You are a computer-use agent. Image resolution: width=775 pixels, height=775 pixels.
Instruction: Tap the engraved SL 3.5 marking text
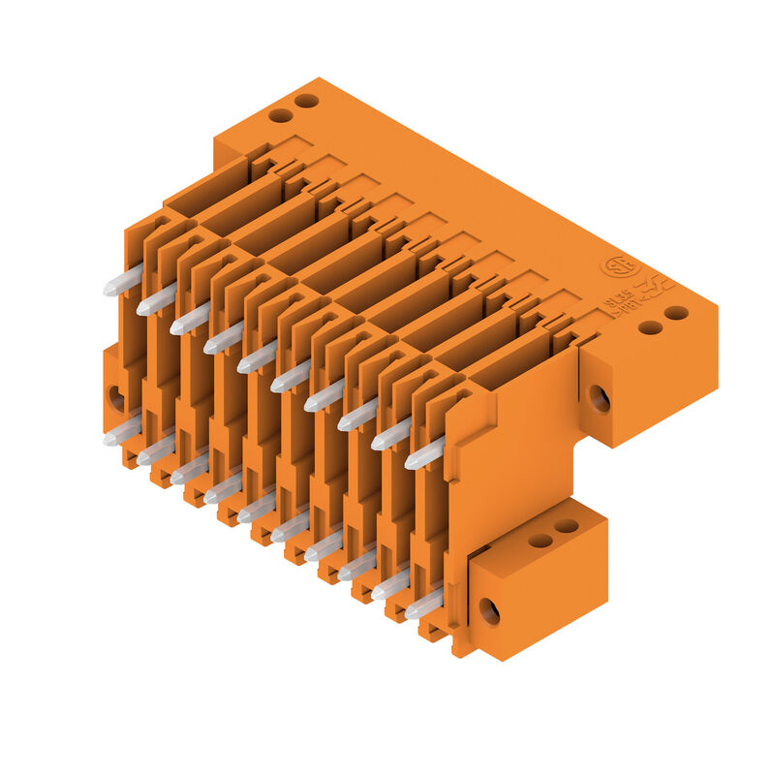click(622, 301)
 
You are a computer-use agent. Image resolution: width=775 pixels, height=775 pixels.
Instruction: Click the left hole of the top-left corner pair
click(281, 115)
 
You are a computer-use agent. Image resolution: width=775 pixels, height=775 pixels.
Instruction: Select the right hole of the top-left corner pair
click(307, 101)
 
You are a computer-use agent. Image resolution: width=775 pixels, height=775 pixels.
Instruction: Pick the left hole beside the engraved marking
click(650, 327)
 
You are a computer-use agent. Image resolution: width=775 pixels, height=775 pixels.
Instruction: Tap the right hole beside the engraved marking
click(676, 313)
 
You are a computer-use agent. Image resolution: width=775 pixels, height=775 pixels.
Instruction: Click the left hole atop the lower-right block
click(541, 541)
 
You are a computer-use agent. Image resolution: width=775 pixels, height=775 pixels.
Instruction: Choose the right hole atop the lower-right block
click(567, 526)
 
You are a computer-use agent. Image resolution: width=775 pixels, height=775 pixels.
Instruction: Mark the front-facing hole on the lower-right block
click(489, 611)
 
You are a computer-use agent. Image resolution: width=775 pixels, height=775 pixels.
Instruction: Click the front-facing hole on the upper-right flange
click(600, 398)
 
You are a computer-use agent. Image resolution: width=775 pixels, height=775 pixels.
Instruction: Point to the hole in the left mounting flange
click(115, 397)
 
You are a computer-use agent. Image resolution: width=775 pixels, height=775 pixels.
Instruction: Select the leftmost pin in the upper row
click(123, 282)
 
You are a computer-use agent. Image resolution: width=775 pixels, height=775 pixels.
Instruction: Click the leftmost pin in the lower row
click(123, 433)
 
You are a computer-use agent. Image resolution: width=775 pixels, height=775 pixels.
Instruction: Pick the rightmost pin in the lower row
click(424, 604)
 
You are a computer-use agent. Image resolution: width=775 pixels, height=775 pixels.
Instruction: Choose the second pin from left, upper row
click(156, 301)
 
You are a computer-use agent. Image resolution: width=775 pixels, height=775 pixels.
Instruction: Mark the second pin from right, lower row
click(391, 586)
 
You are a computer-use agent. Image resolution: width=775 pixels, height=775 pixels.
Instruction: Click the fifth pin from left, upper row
click(257, 358)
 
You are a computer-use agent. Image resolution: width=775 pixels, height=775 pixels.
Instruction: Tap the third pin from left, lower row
click(190, 471)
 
